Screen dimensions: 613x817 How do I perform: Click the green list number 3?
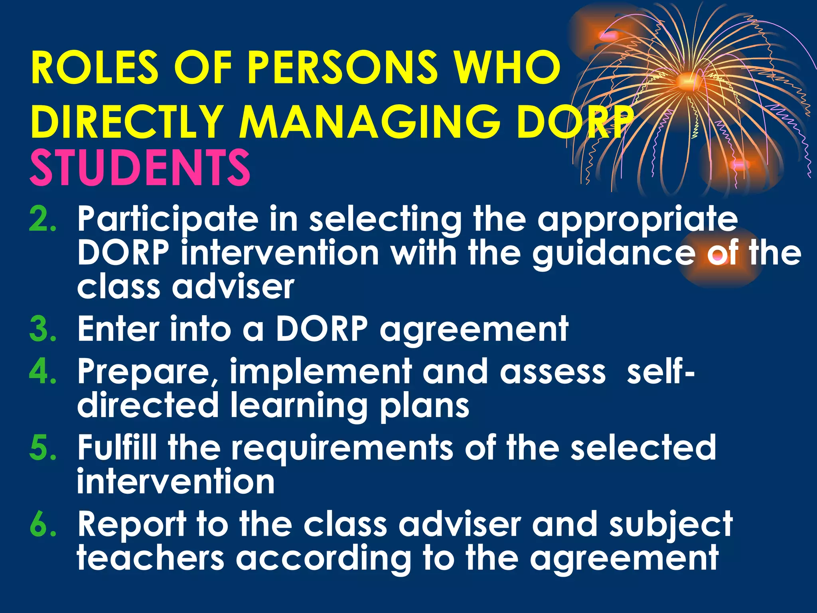pos(43,329)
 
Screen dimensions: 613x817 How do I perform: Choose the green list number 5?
pos(43,447)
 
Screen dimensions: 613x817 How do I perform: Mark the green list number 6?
pos(43,524)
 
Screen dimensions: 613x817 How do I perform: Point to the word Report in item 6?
pos(132,524)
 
